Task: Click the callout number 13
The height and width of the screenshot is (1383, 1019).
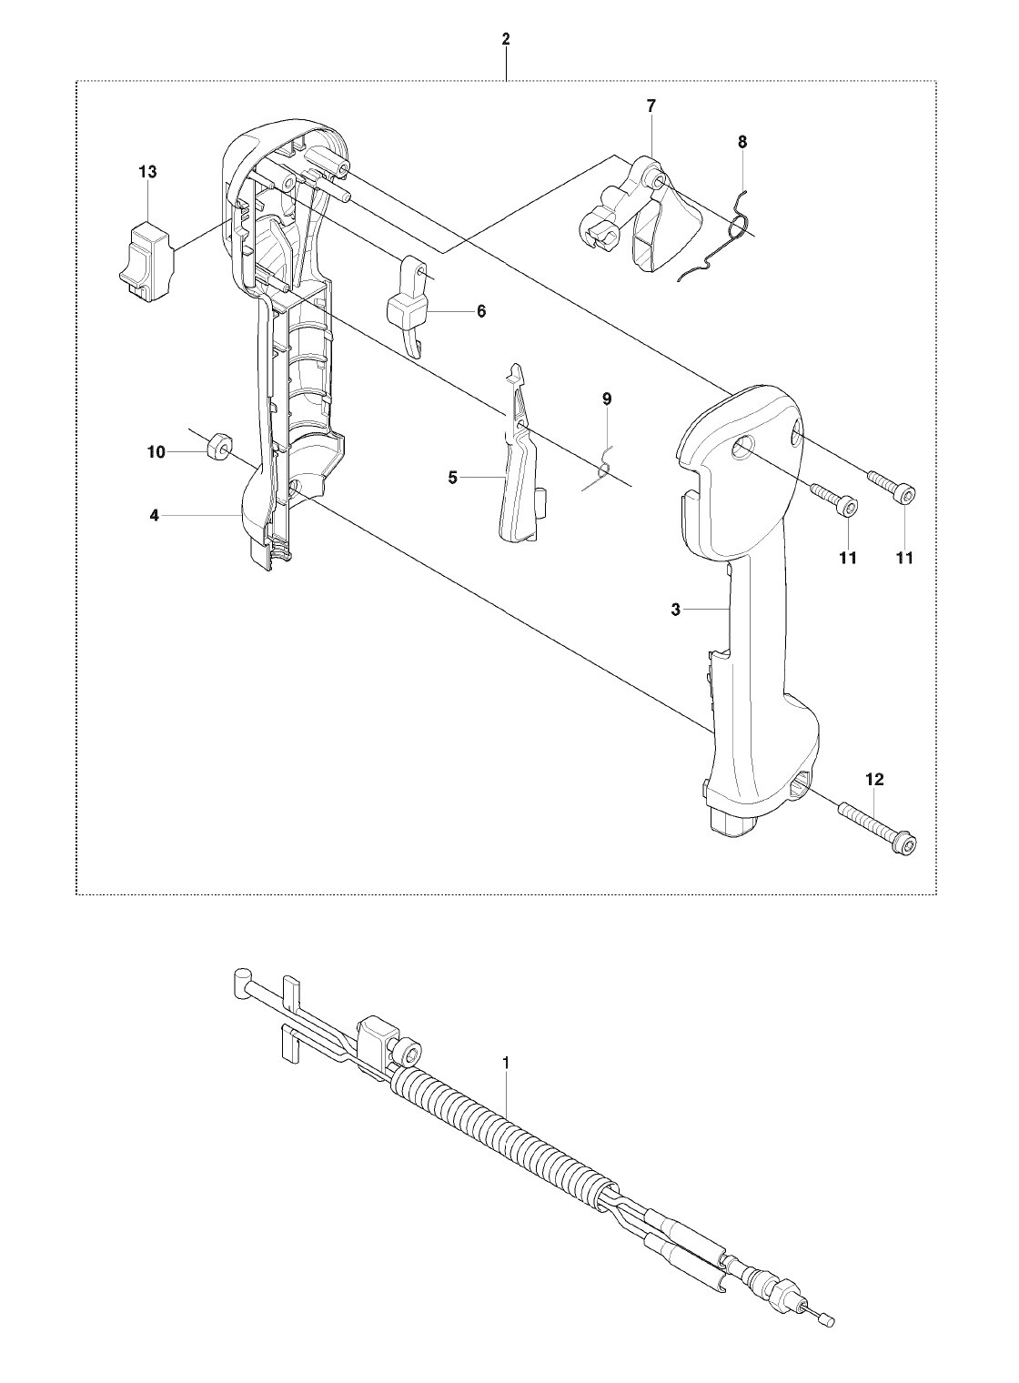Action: (147, 172)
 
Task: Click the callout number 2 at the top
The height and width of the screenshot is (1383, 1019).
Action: (506, 39)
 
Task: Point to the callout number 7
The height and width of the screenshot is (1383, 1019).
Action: (651, 106)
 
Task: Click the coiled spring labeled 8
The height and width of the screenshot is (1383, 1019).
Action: (722, 237)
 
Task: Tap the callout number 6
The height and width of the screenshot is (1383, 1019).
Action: (481, 311)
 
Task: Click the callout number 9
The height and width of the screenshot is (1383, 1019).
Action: (607, 399)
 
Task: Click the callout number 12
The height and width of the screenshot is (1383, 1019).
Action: (875, 780)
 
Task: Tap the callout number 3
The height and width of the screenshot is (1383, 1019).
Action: (676, 610)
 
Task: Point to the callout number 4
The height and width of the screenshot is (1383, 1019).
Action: (155, 515)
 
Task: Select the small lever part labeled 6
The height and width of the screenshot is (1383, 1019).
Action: (409, 308)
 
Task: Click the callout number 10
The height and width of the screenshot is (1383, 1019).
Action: (156, 452)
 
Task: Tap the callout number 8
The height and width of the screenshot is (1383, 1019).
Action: (742, 142)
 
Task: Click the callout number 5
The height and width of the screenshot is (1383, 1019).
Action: (453, 478)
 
